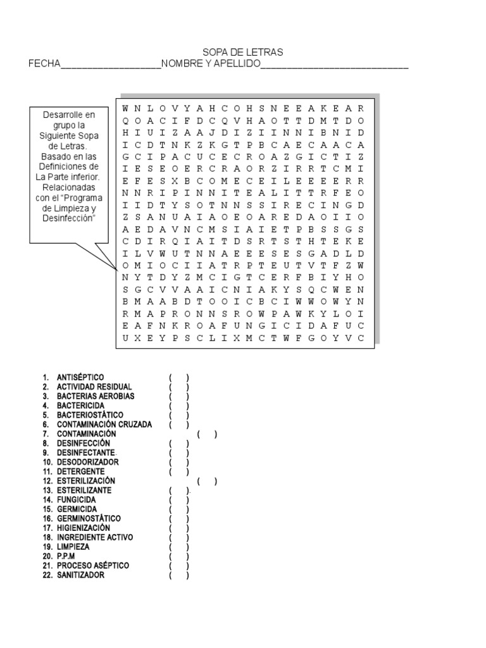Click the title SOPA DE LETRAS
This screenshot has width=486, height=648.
(x=242, y=53)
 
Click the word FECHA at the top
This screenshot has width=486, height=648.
(x=44, y=64)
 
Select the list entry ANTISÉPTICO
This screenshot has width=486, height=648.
(x=80, y=377)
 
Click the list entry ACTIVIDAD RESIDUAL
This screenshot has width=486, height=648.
(x=94, y=387)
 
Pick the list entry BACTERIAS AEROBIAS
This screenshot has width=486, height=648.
(x=96, y=396)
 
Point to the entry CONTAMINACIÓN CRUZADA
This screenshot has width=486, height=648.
(x=104, y=425)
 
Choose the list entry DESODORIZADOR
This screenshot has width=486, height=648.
(x=87, y=462)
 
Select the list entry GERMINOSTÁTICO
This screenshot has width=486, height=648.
(x=89, y=518)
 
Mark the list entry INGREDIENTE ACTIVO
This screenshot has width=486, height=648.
(x=95, y=537)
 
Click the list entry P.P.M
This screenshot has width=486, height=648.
(x=66, y=556)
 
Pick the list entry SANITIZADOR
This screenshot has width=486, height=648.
(x=81, y=575)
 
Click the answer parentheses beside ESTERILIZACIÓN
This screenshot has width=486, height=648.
(x=207, y=481)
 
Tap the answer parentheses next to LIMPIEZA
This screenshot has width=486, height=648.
(x=179, y=547)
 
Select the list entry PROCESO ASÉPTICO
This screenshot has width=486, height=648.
(x=93, y=566)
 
